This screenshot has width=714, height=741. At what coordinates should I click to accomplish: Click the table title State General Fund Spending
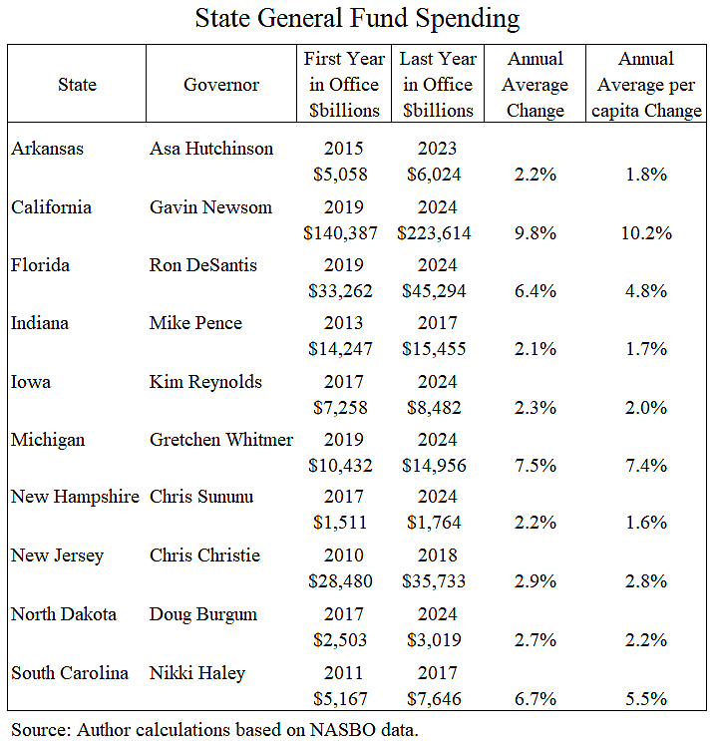[x=357, y=19]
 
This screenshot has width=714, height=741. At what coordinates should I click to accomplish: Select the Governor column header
[x=220, y=85]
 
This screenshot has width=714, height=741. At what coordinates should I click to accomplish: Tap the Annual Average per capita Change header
[x=645, y=85]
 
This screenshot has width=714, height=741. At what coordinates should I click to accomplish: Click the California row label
[x=51, y=206]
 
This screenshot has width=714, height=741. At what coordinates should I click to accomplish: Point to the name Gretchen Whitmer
[x=221, y=440]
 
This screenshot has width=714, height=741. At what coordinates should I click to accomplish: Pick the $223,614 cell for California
[x=438, y=233]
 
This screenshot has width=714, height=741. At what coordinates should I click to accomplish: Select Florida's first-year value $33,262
[x=342, y=291]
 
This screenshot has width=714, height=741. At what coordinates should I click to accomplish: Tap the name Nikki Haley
[x=195, y=673]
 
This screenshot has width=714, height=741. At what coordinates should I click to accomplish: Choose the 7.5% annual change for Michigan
[x=535, y=466]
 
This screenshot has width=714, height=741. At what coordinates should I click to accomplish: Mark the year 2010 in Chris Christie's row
[x=342, y=556]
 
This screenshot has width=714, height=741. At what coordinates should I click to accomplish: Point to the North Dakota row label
[x=64, y=614]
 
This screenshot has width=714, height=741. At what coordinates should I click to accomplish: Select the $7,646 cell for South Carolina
[x=438, y=699]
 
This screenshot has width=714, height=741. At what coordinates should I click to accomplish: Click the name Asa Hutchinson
[x=211, y=149]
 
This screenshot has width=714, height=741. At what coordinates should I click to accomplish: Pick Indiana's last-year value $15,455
[x=438, y=349]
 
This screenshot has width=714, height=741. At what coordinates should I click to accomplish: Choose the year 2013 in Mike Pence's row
[x=342, y=323]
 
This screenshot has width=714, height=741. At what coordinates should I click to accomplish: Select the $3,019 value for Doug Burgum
[x=438, y=640]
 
